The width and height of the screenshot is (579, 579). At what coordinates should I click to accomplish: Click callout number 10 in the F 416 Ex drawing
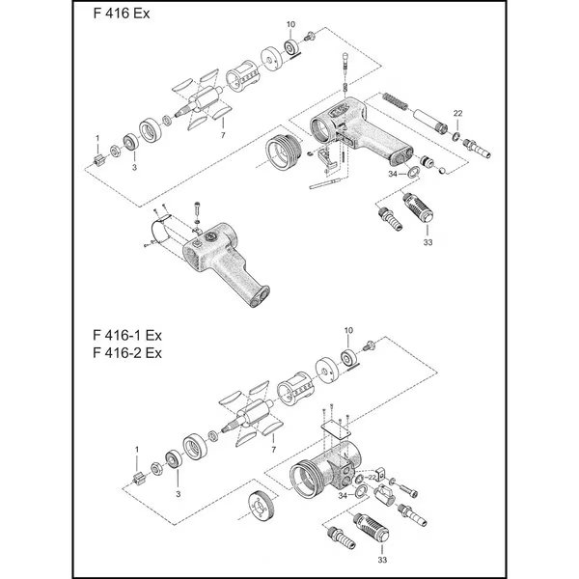click(291, 22)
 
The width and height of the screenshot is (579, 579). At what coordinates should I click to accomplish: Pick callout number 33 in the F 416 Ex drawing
click(426, 243)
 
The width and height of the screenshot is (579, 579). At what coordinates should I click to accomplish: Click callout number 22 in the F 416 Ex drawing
click(457, 114)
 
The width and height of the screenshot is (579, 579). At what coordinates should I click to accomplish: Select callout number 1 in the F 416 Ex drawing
click(97, 138)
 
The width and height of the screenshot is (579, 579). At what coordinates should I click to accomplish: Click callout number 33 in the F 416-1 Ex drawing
click(383, 560)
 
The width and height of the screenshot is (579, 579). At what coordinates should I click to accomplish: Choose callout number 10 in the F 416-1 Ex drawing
click(348, 331)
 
